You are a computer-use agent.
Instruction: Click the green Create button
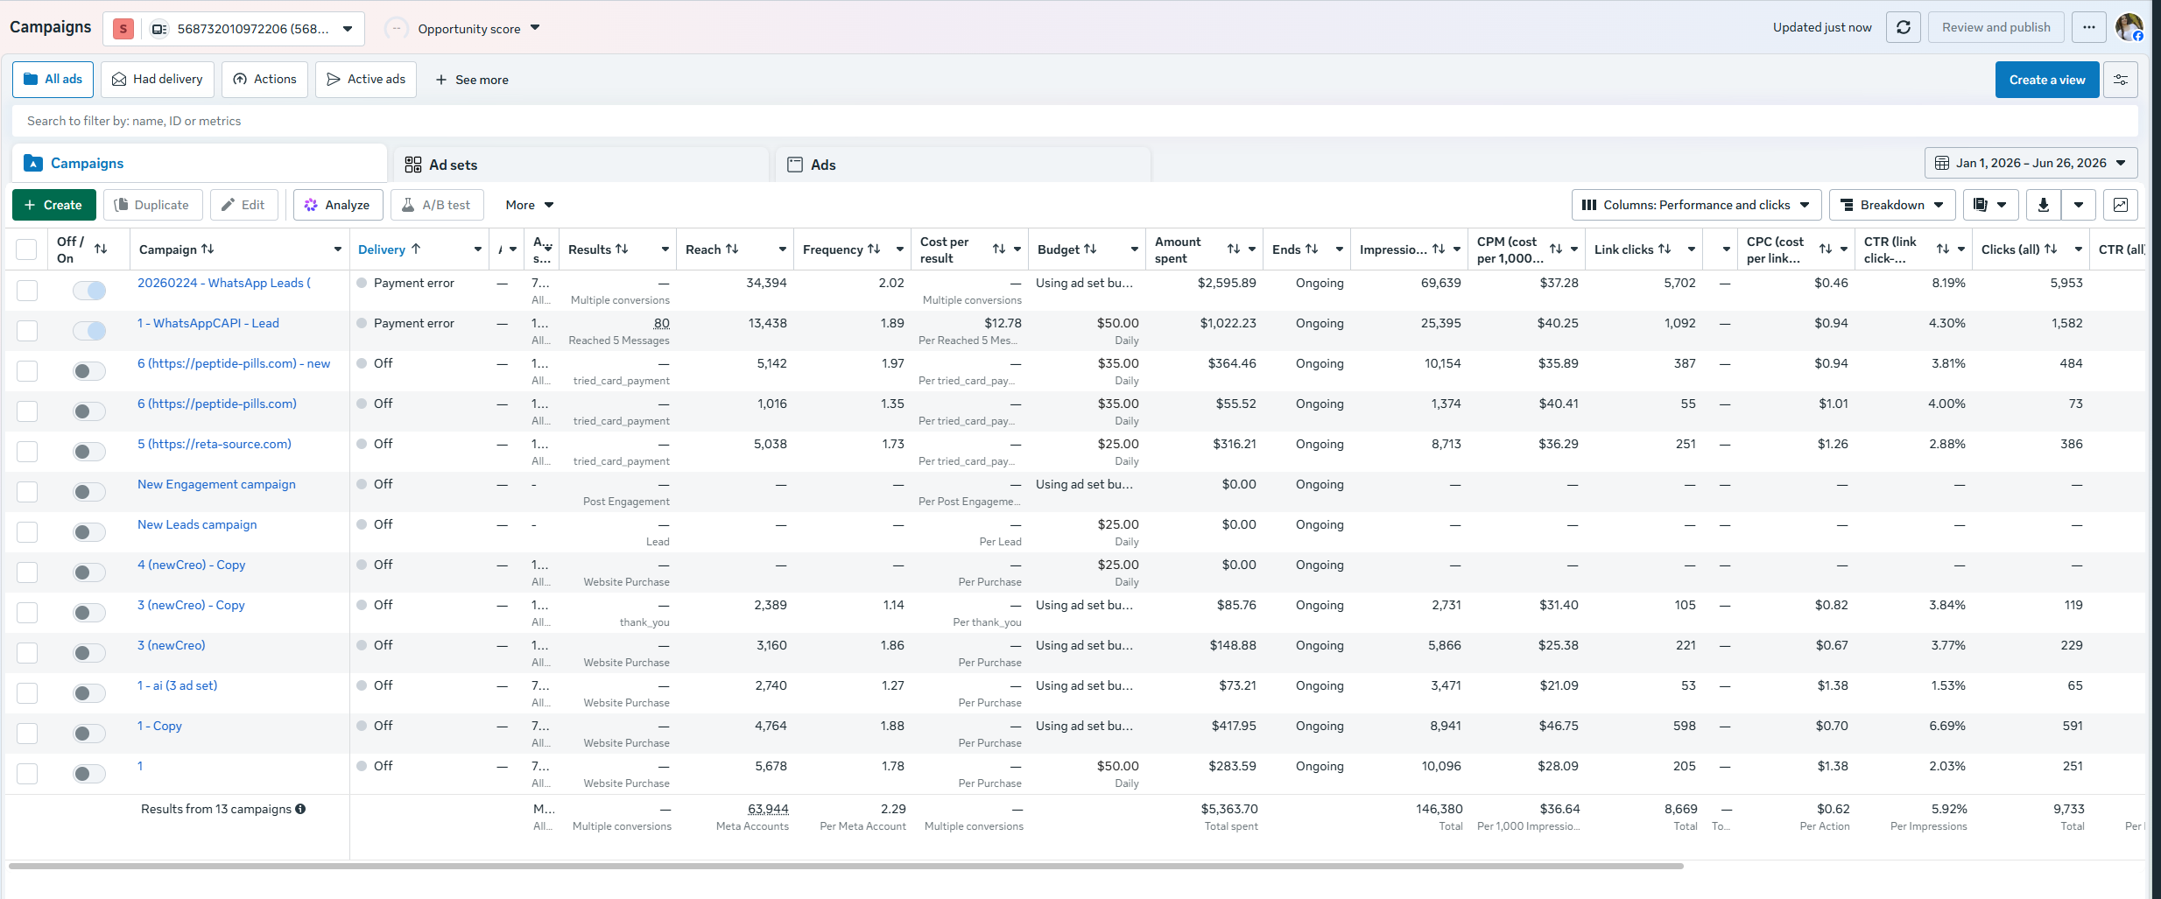coord(53,205)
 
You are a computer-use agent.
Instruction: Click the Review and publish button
coord(1996,27)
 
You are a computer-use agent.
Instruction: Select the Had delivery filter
coord(158,79)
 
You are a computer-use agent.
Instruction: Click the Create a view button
coord(2047,80)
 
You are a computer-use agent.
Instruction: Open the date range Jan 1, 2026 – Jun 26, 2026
coord(2031,163)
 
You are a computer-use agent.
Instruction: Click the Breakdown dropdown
coord(1891,205)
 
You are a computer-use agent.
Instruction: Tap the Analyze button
coord(337,205)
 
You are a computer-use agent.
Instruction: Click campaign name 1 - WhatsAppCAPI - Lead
coord(208,323)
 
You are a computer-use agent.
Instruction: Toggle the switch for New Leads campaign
coord(89,532)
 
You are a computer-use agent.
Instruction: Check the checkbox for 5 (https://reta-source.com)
coord(27,452)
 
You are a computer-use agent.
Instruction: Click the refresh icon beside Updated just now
coord(1904,27)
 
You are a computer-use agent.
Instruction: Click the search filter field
coord(1074,121)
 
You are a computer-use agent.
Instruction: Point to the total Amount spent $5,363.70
coord(1229,809)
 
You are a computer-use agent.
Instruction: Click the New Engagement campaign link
coord(216,484)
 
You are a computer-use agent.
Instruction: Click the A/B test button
coord(437,205)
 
